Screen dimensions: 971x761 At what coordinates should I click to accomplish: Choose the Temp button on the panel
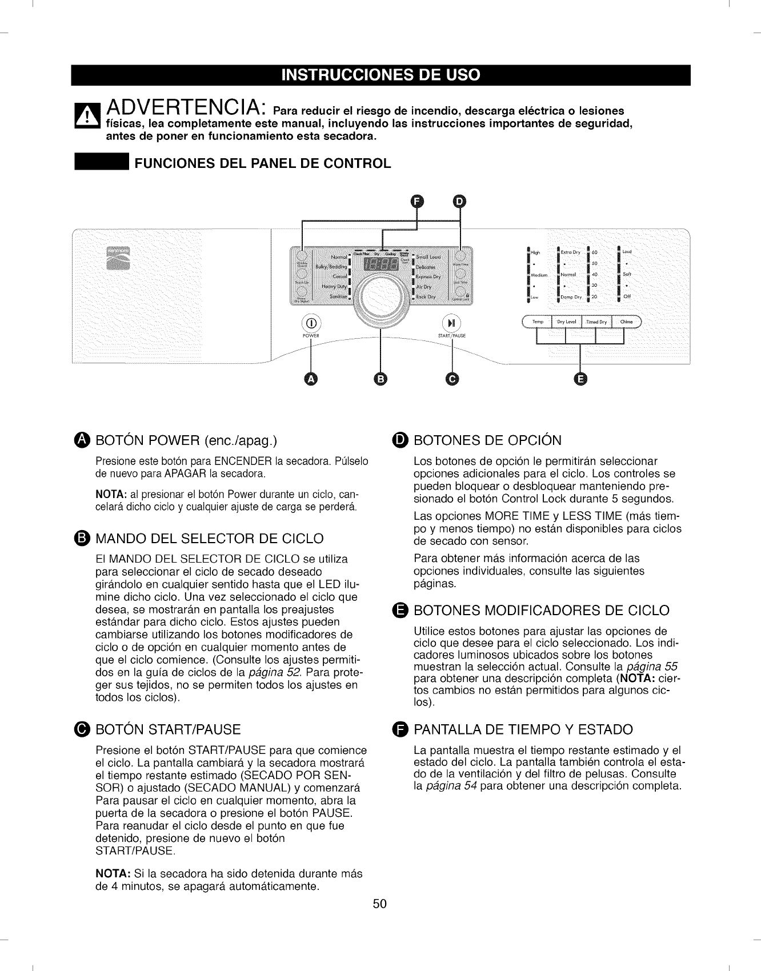[538, 322]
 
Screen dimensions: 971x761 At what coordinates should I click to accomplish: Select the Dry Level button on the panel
[566, 322]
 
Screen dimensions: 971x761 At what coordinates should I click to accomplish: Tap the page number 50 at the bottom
[380, 904]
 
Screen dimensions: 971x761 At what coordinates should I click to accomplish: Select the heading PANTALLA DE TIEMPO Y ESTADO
[523, 729]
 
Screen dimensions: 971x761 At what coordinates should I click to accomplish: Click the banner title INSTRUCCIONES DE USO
[380, 75]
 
